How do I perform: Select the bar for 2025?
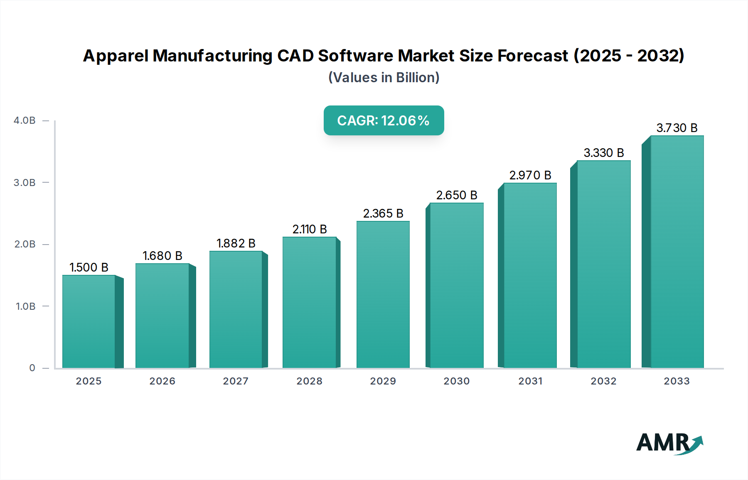[89, 321]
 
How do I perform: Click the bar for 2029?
[383, 294]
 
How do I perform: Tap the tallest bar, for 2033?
[677, 252]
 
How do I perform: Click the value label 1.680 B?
[162, 256]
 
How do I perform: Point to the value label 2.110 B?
[310, 229]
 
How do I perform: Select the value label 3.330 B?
[604, 153]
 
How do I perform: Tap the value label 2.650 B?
[457, 195]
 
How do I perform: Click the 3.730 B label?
[677, 128]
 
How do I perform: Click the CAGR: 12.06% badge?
[384, 120]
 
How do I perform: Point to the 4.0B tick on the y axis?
[25, 120]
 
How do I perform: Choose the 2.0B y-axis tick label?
[25, 244]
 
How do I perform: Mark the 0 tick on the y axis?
[32, 368]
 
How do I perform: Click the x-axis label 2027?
[236, 381]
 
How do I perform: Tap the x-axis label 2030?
[456, 381]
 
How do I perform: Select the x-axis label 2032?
[603, 381]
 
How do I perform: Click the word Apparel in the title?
[115, 56]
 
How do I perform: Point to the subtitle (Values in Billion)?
[384, 78]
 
